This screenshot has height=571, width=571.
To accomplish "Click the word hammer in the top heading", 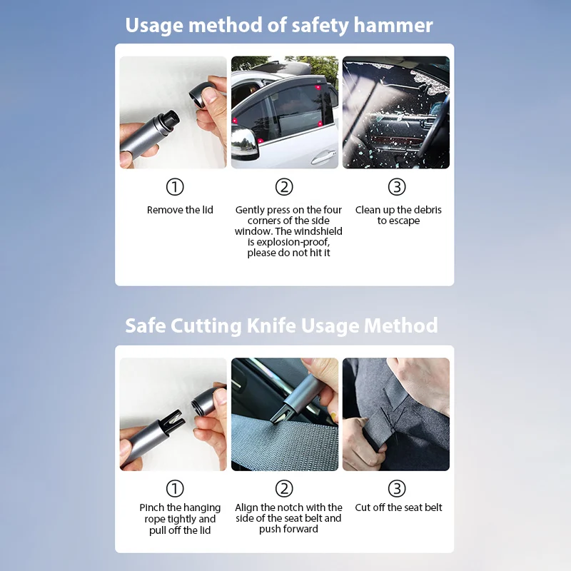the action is (x=393, y=26).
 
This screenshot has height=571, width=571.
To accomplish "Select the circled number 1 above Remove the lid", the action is (x=175, y=187).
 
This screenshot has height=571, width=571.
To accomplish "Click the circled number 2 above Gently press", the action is (x=284, y=187).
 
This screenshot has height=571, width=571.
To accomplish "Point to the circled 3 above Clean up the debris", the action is (x=397, y=187).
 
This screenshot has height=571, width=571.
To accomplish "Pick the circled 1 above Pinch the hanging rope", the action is (x=175, y=489).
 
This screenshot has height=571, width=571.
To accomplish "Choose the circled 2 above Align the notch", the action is (x=284, y=489).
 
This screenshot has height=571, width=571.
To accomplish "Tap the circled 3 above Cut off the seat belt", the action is (x=397, y=489).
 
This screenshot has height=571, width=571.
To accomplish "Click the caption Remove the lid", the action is (x=180, y=210).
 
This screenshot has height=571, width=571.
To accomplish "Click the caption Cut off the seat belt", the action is (x=398, y=507).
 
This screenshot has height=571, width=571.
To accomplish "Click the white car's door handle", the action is (x=323, y=157).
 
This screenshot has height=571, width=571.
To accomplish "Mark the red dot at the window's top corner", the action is (x=318, y=87).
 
